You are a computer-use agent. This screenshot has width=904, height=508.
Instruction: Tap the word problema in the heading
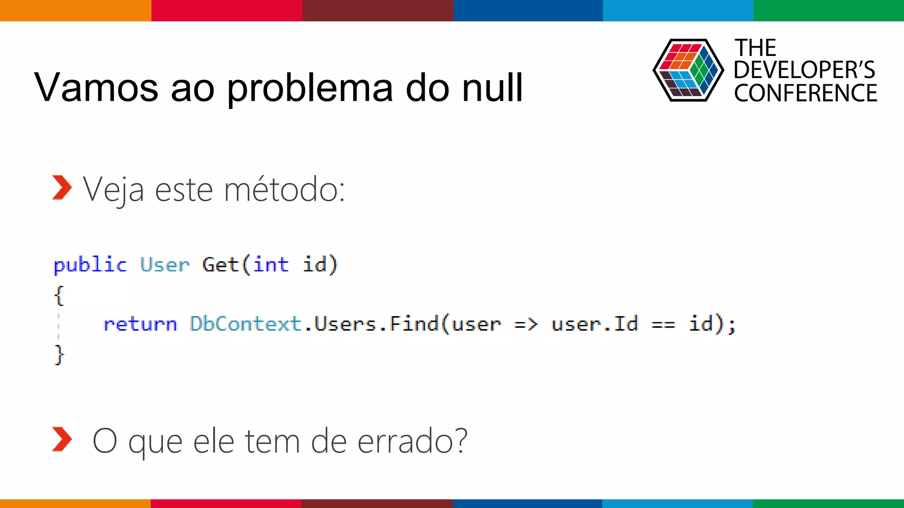pyautogui.click(x=309, y=88)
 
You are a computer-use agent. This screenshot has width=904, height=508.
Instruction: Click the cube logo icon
pyautogui.click(x=688, y=70)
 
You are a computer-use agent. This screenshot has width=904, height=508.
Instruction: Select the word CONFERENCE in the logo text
pyautogui.click(x=805, y=93)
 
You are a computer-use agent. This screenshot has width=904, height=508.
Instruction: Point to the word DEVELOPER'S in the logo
pyautogui.click(x=804, y=70)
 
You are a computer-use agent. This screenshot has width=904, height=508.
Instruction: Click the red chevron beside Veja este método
pyautogui.click(x=61, y=187)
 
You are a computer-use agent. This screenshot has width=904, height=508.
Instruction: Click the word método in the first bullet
pyautogui.click(x=284, y=190)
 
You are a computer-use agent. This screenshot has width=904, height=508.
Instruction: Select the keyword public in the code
pyautogui.click(x=90, y=265)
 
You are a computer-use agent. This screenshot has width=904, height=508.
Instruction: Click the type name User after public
pyautogui.click(x=165, y=265)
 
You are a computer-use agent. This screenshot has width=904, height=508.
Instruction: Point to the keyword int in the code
pyautogui.click(x=271, y=265)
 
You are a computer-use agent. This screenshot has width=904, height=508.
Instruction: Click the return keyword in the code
pyautogui.click(x=140, y=324)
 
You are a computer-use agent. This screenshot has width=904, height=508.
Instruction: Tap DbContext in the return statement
pyautogui.click(x=245, y=324)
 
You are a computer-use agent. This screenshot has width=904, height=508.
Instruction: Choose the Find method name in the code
pyautogui.click(x=414, y=324)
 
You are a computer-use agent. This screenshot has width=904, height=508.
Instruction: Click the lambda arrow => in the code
pyautogui.click(x=526, y=325)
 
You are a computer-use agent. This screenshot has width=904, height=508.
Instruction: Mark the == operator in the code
pyautogui.click(x=663, y=325)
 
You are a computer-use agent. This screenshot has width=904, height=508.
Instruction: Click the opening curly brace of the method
pyautogui.click(x=59, y=295)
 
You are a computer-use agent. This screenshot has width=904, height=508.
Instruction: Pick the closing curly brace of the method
pyautogui.click(x=59, y=355)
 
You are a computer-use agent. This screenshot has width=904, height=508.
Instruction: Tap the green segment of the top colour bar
pyautogui.click(x=829, y=10)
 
